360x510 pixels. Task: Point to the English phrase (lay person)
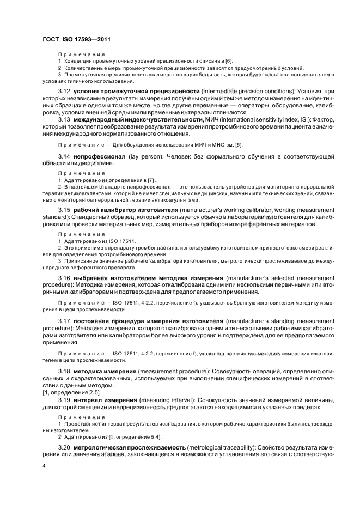[x=143, y=157]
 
